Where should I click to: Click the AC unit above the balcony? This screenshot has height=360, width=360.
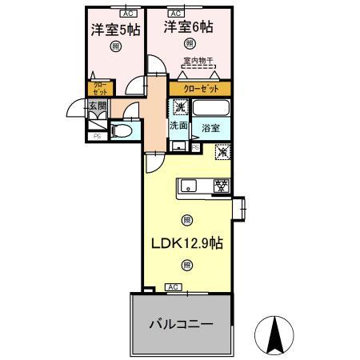coord(174,286)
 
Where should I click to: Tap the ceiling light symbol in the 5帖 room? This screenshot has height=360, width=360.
coord(116,47)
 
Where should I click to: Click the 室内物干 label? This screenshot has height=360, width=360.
coord(199,62)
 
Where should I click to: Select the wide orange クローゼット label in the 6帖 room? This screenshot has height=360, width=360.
coord(198,89)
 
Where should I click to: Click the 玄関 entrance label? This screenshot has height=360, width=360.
coord(97,106)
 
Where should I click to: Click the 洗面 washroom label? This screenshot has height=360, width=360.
coord(178,126)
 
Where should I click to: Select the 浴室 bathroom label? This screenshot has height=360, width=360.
coord(211,126)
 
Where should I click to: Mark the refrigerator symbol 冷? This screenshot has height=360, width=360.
coord(222,150)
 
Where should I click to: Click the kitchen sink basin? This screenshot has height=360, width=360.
coord(190,186)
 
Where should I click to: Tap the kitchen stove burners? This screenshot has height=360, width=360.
coord(221,186)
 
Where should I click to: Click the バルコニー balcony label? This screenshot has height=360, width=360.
coord(181,325)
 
